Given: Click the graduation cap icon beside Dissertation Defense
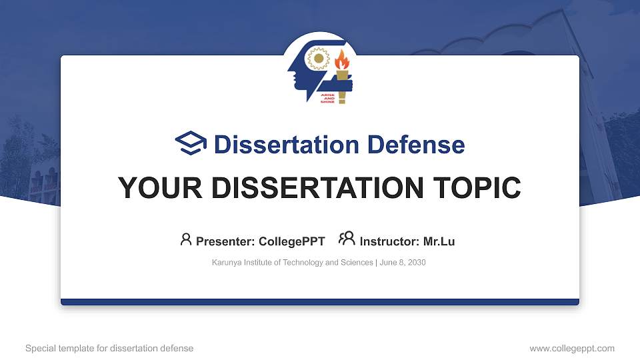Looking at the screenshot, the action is pyautogui.click(x=191, y=143).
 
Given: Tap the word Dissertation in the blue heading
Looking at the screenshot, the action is pyautogui.click(x=287, y=145).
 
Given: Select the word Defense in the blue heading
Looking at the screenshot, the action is pyautogui.click(x=416, y=145).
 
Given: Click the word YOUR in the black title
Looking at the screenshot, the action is pyautogui.click(x=160, y=188).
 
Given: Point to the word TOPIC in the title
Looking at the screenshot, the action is pyautogui.click(x=477, y=188).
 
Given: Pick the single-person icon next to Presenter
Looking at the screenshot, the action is pyautogui.click(x=186, y=239).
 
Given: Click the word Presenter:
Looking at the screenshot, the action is pyautogui.click(x=225, y=241).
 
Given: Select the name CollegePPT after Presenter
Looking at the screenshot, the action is pyautogui.click(x=292, y=241).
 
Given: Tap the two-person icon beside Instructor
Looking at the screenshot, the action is pyautogui.click(x=347, y=239).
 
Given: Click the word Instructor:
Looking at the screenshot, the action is pyautogui.click(x=389, y=241).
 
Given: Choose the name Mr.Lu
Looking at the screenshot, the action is pyautogui.click(x=439, y=241).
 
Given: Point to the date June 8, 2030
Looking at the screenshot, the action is pyautogui.click(x=403, y=262).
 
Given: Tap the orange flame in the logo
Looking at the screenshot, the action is pyautogui.click(x=341, y=59).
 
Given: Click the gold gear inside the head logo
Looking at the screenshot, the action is pyautogui.click(x=319, y=59).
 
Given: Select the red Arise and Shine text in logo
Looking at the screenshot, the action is pyautogui.click(x=328, y=99).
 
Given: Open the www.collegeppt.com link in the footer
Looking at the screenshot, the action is pyautogui.click(x=572, y=348).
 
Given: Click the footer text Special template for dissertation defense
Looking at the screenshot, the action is pyautogui.click(x=109, y=348).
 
